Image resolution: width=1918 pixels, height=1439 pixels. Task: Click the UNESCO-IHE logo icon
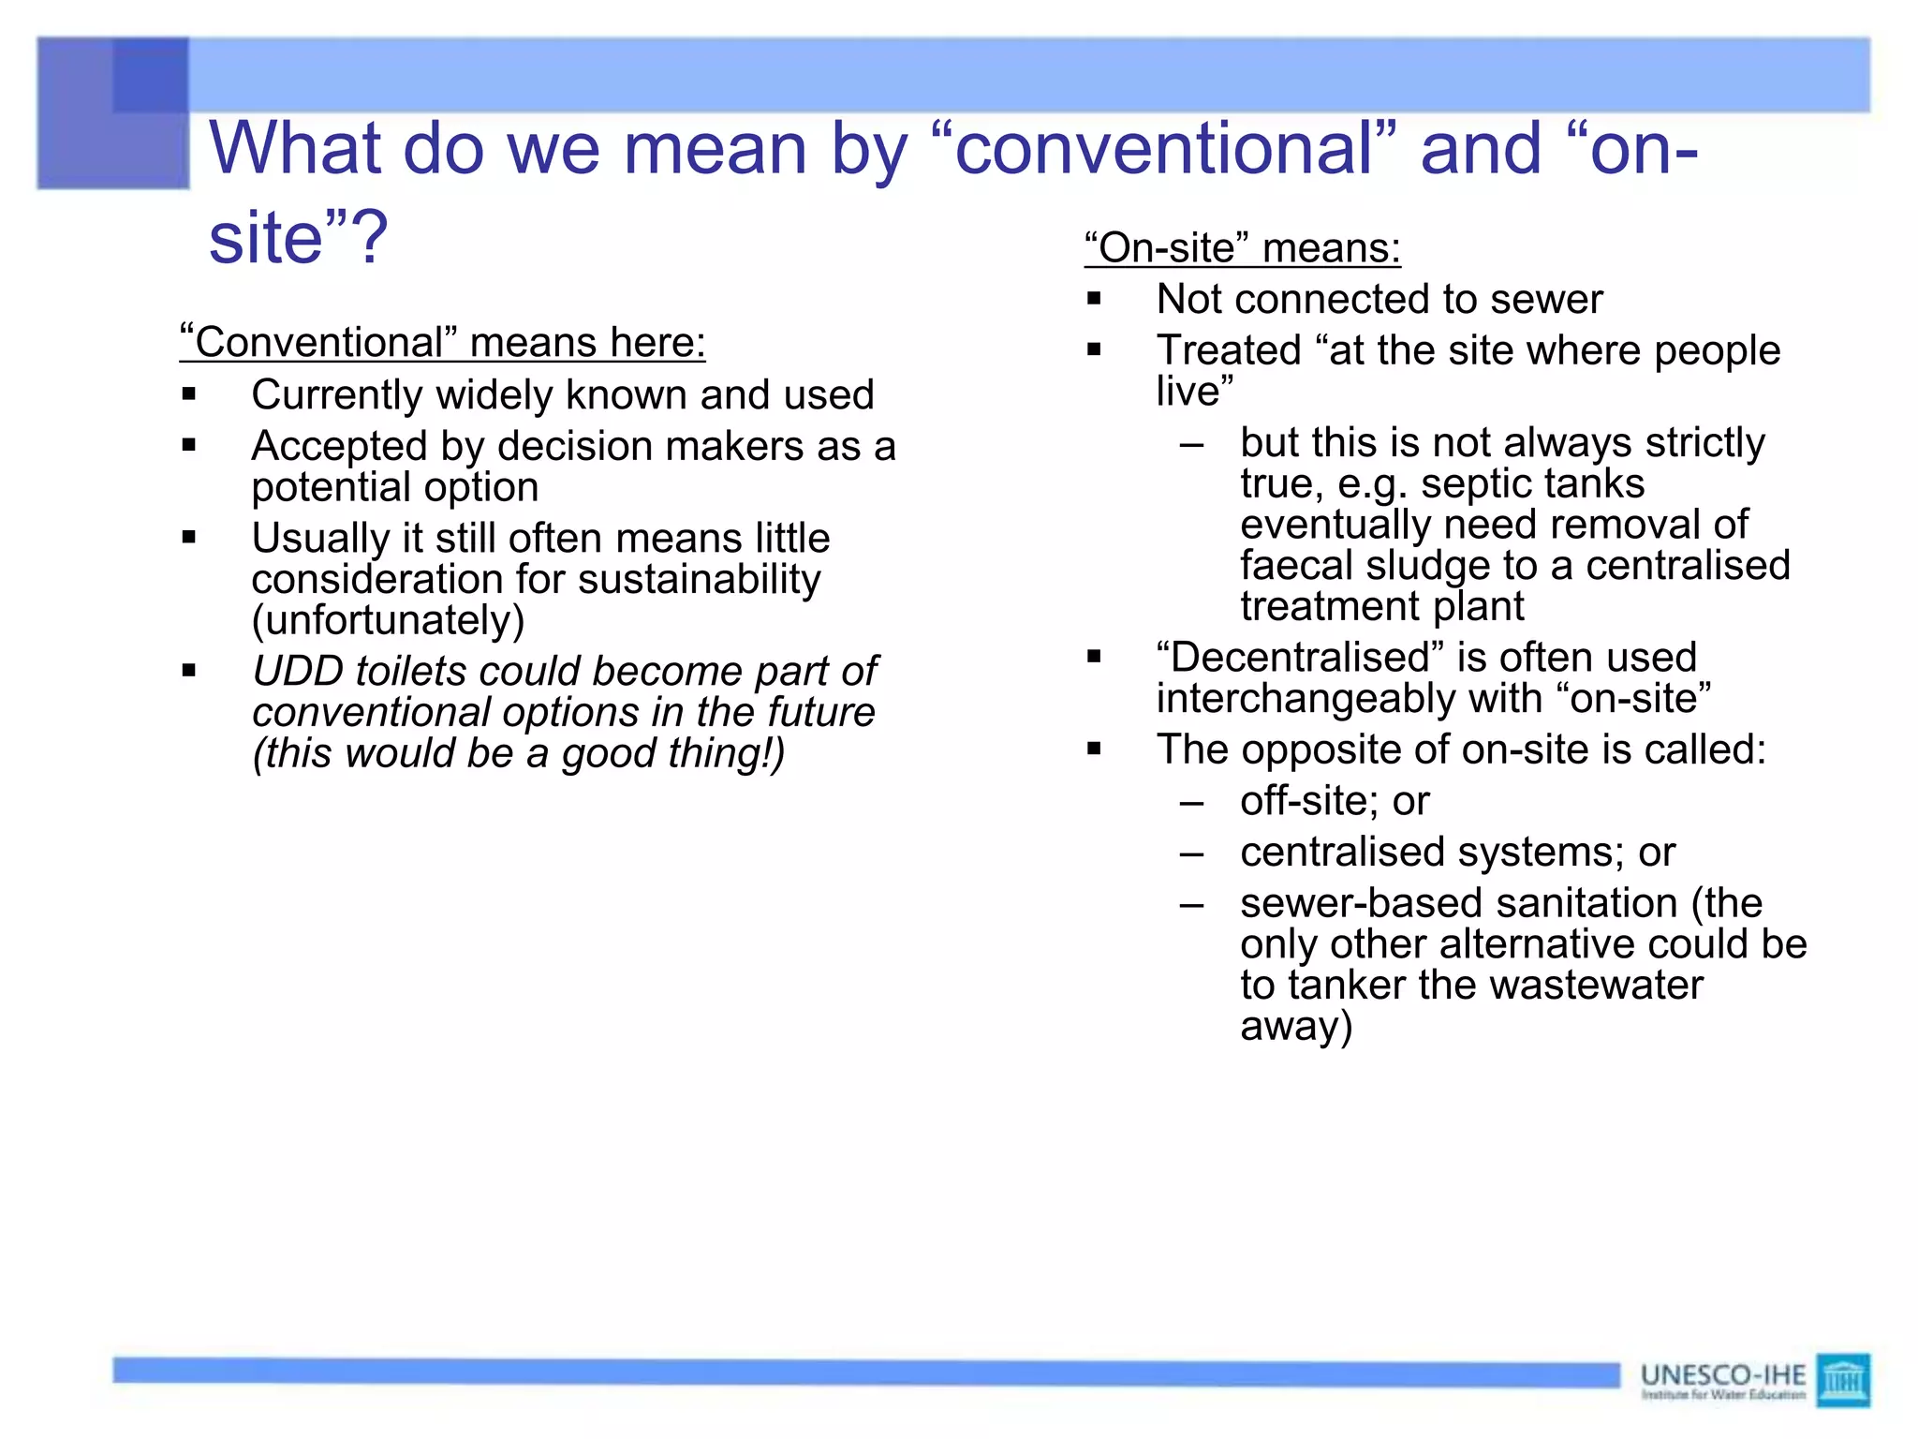(1842, 1379)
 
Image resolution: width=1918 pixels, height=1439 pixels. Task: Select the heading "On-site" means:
(1242, 248)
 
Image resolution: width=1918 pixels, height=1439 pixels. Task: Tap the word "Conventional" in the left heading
(318, 343)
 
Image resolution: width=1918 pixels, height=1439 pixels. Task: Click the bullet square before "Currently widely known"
(189, 394)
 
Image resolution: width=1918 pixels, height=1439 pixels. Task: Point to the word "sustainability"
(699, 579)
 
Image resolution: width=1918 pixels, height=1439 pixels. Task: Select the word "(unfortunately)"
(388, 620)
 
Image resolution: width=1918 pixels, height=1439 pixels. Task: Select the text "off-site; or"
(1335, 801)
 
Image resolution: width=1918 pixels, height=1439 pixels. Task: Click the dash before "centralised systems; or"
(1191, 853)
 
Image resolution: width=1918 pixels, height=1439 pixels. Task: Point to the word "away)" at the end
(1296, 1026)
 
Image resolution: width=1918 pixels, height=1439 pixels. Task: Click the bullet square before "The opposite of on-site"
(1094, 749)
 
